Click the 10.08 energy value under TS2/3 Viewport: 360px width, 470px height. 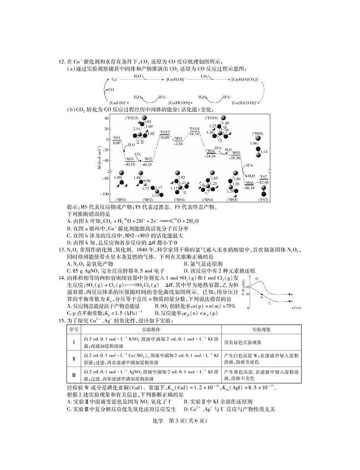point(165,136)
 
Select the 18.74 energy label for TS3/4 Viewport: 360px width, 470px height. point(194,134)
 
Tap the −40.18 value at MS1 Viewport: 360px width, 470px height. point(130,164)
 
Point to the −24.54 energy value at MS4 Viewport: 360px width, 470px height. point(210,156)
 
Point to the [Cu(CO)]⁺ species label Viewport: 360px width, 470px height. point(118,103)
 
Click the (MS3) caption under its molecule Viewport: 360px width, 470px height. point(178,200)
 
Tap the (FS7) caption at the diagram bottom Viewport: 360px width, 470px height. point(263,200)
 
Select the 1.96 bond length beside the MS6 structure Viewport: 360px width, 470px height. point(254,144)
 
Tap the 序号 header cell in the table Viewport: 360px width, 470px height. point(73,329)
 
